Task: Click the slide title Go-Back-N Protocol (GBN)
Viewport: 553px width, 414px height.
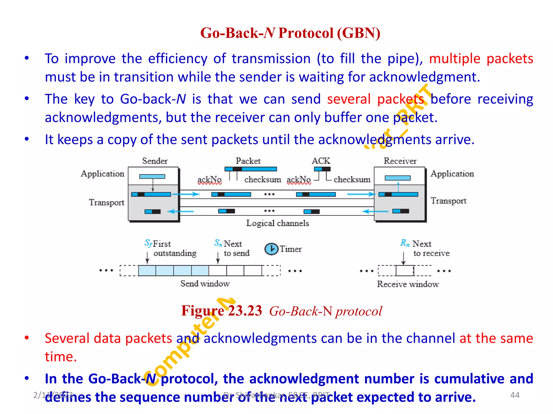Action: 290,33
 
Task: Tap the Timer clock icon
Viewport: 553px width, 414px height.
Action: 271,249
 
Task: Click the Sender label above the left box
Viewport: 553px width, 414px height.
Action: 155,161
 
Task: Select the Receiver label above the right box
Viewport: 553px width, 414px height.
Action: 400,161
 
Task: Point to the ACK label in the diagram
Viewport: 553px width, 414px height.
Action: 321,161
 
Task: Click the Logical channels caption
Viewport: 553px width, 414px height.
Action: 277,223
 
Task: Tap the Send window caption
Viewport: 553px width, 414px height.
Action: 205,284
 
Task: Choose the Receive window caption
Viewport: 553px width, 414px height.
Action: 408,284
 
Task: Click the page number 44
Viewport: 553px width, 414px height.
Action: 515,395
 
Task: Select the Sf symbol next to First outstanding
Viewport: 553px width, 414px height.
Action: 148,243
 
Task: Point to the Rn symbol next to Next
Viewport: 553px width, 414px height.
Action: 405,243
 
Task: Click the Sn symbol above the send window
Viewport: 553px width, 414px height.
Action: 218,243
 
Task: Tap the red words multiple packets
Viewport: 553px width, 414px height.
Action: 481,59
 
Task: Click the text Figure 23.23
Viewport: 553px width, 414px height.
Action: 221,311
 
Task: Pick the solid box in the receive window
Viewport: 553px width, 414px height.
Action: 405,271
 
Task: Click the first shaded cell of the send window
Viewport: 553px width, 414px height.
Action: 147,271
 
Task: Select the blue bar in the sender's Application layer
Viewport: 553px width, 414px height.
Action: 152,177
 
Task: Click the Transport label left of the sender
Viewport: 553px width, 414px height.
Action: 106,202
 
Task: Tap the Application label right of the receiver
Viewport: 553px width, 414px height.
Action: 452,174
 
